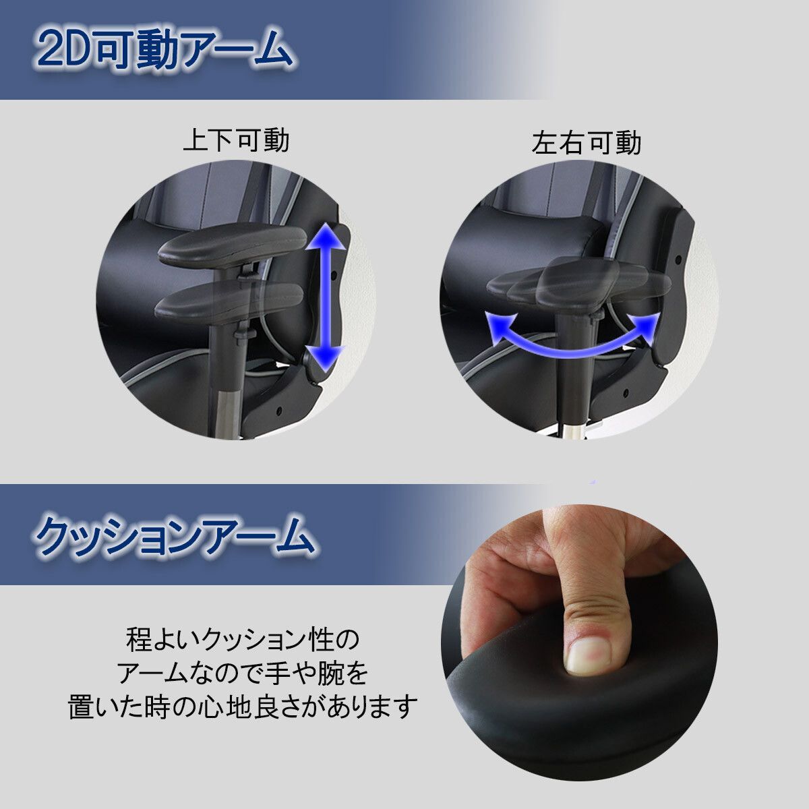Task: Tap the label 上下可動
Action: [236, 141]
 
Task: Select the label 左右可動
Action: [586, 144]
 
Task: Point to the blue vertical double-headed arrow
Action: [328, 297]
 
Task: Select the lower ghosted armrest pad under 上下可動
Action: [229, 301]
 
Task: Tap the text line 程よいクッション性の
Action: [243, 639]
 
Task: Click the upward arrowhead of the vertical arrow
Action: [328, 240]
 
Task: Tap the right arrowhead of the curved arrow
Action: [647, 324]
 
